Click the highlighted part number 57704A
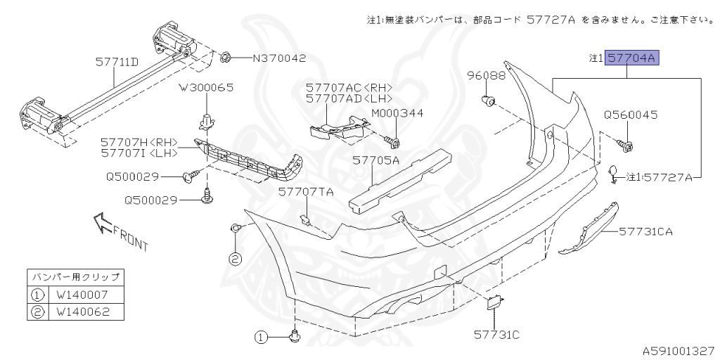coord(632,58)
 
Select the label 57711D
coord(117,62)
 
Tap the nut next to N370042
coord(225,58)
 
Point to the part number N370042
coord(280,58)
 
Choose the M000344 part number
coord(397,113)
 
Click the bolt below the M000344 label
coord(392,141)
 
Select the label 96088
coord(487,76)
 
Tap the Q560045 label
coord(630,115)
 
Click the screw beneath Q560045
coord(626,146)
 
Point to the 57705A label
coord(375,160)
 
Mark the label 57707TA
coord(305,193)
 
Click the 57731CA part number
coord(645,231)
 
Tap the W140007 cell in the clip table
coord(83,294)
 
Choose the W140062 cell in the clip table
coord(83,312)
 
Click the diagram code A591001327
coord(679,352)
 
